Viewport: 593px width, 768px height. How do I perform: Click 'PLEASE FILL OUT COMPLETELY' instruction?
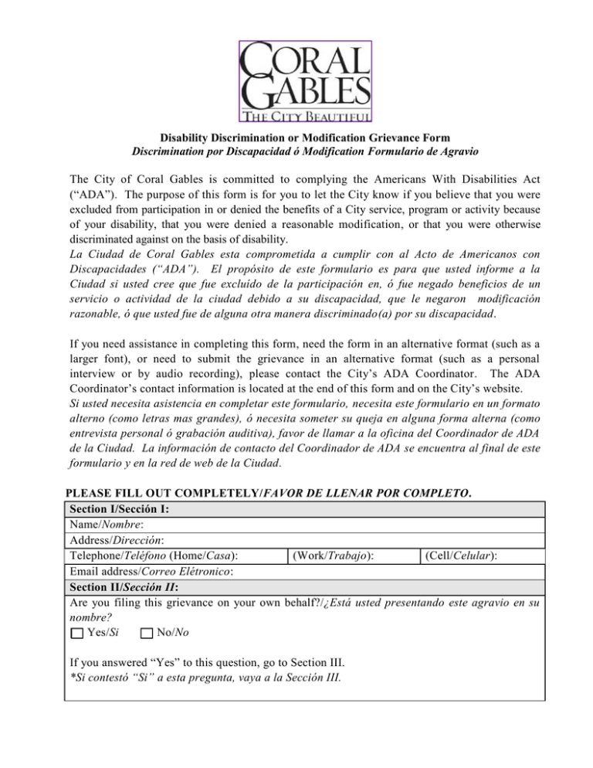[158, 493]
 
